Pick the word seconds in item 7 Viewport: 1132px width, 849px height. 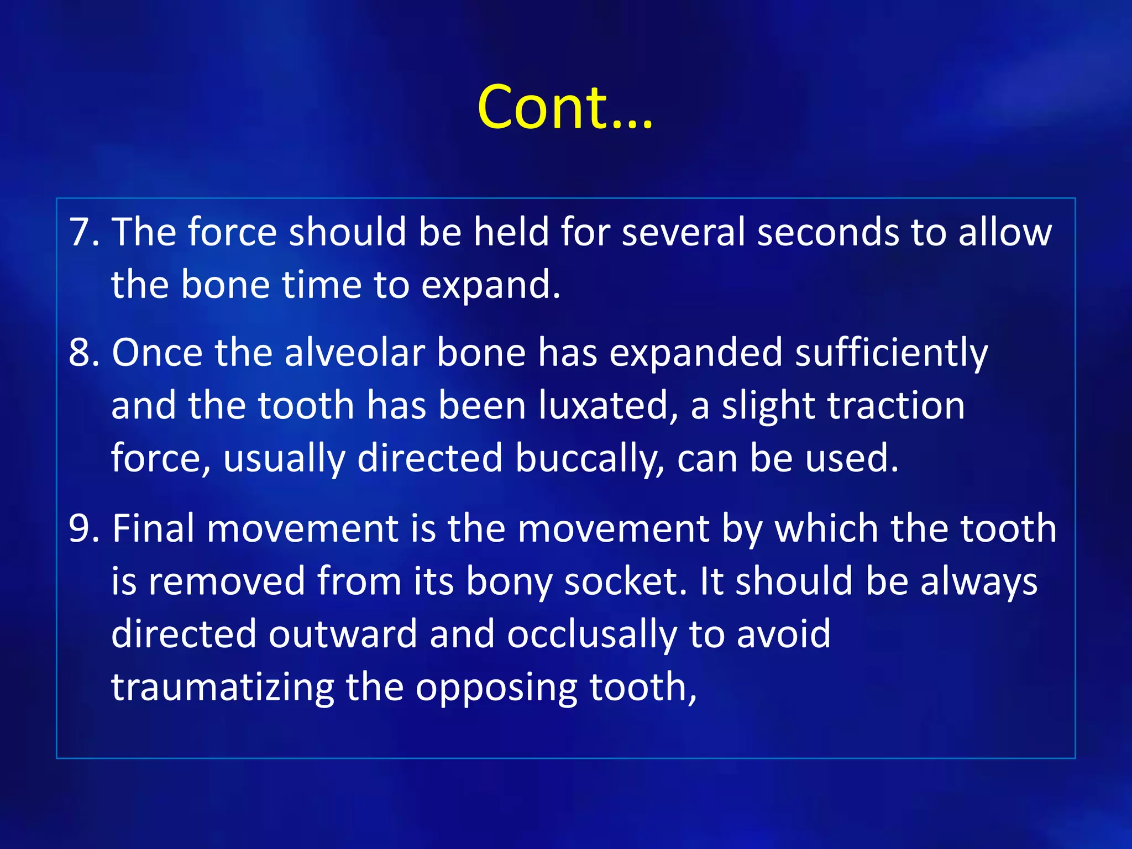(827, 232)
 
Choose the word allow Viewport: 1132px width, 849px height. (1004, 232)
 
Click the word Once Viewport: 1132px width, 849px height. (156, 352)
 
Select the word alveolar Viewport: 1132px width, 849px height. (354, 352)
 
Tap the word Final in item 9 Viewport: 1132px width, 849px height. (153, 528)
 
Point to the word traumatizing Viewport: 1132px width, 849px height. (222, 688)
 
